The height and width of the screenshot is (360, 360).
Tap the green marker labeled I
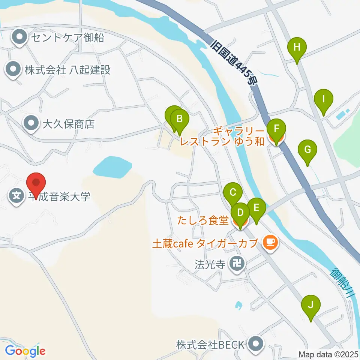[323, 100]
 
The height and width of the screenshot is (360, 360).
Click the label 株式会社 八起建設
[68, 70]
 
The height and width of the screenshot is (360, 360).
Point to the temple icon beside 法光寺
[237, 264]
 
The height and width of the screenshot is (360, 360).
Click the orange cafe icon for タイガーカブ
[270, 243]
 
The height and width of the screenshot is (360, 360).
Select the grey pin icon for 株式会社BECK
[256, 343]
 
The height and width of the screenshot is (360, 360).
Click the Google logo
[25, 351]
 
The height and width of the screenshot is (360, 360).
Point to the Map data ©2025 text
[328, 354]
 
